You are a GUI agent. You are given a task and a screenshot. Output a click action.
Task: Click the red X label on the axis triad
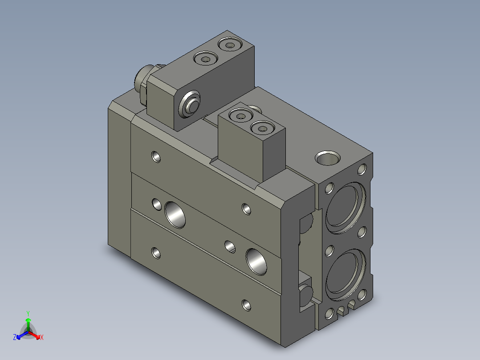pos(41,338)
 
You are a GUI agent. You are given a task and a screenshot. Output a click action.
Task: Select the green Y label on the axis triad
pos(28,313)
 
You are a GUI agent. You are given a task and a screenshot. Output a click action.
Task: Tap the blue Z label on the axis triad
pos(15,337)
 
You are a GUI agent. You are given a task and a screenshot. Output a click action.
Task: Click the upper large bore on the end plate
pos(345,207)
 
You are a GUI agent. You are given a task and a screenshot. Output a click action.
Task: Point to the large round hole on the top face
pos(328,158)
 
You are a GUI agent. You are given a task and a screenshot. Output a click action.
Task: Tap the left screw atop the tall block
pos(205,58)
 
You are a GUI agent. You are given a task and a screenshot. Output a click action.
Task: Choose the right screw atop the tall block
pos(229,45)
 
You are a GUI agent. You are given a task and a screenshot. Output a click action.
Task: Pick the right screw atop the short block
pos(261,129)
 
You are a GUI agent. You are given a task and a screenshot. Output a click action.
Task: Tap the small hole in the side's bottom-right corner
pos(246,305)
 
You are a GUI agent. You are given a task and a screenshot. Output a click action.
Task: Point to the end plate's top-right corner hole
pos(362,169)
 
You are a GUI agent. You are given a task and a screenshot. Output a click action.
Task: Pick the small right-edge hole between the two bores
pos(362,232)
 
